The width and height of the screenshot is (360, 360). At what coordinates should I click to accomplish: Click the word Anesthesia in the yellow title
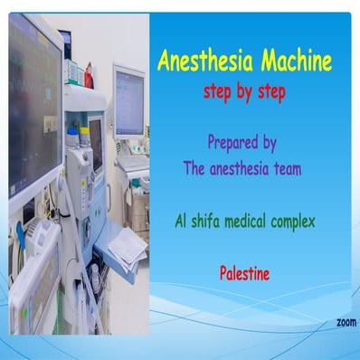[x=200, y=62]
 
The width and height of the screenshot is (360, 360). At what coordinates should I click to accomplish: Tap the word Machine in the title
[x=289, y=62]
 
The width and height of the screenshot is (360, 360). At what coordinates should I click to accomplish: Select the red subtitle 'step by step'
[x=244, y=93]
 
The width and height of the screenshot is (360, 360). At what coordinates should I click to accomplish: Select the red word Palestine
[x=244, y=270]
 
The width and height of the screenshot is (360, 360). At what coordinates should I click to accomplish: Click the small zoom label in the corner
[x=346, y=322]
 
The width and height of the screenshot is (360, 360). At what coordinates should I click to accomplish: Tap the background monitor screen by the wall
[x=128, y=99]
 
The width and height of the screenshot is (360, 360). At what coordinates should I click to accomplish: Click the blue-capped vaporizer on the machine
[x=71, y=141]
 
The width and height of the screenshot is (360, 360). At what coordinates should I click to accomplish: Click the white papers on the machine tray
[x=127, y=244]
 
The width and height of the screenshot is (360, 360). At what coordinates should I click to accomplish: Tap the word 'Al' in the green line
[x=180, y=220]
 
